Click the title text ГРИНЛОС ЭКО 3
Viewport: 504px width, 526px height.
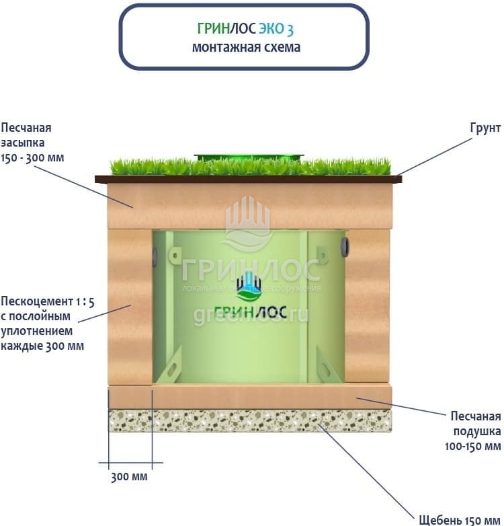click(x=245, y=30)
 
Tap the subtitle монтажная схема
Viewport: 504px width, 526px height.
click(x=245, y=47)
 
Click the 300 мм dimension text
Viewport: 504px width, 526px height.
click(x=128, y=477)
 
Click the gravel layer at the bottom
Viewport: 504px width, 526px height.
click(x=249, y=420)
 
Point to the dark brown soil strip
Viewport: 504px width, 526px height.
click(x=248, y=179)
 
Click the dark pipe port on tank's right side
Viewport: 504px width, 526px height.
click(x=345, y=246)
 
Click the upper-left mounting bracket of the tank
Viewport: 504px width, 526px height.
click(x=173, y=258)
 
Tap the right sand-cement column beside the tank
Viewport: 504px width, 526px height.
click(x=368, y=306)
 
